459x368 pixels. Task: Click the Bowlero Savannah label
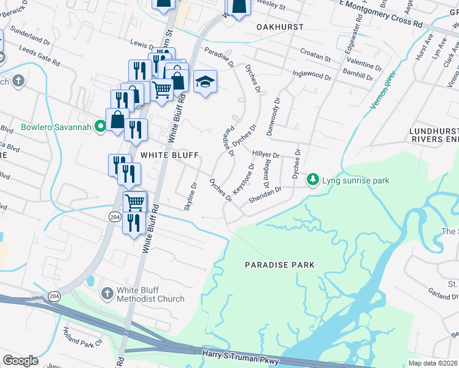(56, 128)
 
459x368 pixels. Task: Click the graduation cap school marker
(205, 82)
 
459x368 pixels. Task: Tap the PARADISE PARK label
(279, 265)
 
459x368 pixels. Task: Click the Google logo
(20, 360)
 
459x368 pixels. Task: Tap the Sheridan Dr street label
(264, 194)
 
